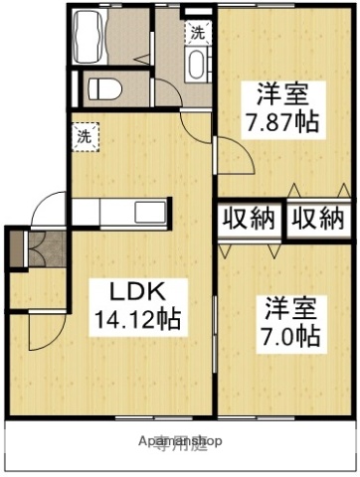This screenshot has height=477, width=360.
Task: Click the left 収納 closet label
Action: point(250,219)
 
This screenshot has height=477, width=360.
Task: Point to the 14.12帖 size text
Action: point(137,320)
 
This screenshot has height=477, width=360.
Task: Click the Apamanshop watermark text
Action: point(180,440)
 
